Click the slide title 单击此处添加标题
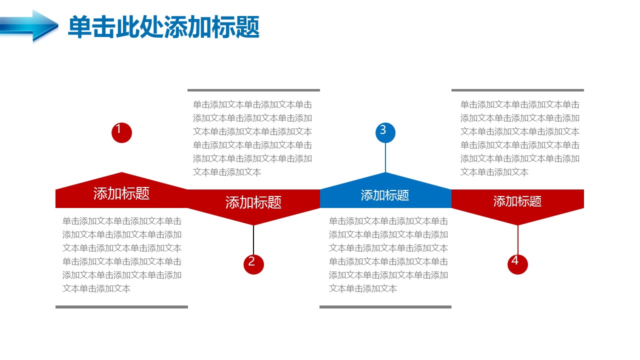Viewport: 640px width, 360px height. pyautogui.click(x=163, y=27)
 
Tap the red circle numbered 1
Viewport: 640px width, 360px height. pyautogui.click(x=121, y=133)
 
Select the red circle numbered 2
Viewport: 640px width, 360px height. pyautogui.click(x=253, y=264)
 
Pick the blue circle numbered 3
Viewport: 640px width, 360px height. pyautogui.click(x=385, y=133)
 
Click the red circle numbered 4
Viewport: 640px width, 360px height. pyautogui.click(x=517, y=264)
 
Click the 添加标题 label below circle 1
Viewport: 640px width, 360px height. pyautogui.click(x=121, y=193)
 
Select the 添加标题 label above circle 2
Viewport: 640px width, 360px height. pyautogui.click(x=253, y=202)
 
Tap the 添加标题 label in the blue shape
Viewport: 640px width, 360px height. pyautogui.click(x=385, y=195)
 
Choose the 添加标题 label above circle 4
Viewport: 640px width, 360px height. pyautogui.click(x=517, y=201)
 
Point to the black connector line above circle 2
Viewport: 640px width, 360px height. pyautogui.click(x=253, y=239)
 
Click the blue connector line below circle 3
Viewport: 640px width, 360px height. pyautogui.click(x=385, y=157)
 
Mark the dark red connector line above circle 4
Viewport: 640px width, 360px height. pyautogui.click(x=517, y=239)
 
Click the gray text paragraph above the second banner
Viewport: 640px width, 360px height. pyautogui.click(x=252, y=138)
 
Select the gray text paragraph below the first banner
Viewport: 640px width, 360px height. pyautogui.click(x=122, y=255)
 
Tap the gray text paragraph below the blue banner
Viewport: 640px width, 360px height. pyautogui.click(x=388, y=255)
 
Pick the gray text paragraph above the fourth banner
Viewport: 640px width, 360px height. pyautogui.click(x=520, y=138)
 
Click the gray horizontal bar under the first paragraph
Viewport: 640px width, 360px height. pyautogui.click(x=121, y=307)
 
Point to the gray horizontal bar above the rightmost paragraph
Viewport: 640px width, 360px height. pyautogui.click(x=517, y=90)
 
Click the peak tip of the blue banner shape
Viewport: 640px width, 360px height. pyautogui.click(x=385, y=172)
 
